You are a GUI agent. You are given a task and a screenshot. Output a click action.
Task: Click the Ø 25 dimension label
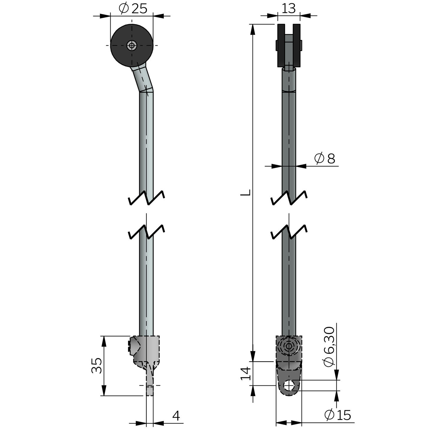click(133, 9)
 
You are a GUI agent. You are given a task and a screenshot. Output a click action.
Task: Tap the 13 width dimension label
click(289, 8)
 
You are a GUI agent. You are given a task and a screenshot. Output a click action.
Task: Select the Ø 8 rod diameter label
click(325, 159)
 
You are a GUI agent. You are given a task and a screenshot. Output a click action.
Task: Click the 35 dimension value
click(97, 366)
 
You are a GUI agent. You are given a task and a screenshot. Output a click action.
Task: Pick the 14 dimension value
click(246, 373)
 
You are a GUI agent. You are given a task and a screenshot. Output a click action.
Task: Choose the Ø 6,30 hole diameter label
click(329, 347)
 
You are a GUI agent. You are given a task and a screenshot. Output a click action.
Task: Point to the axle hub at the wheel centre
click(132, 45)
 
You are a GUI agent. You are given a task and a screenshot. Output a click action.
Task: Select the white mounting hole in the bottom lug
click(289, 385)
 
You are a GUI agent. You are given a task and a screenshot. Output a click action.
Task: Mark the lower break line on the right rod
click(289, 232)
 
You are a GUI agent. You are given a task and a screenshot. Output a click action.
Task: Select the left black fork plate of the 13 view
click(281, 46)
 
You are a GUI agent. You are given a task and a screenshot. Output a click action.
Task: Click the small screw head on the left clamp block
click(129, 346)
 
